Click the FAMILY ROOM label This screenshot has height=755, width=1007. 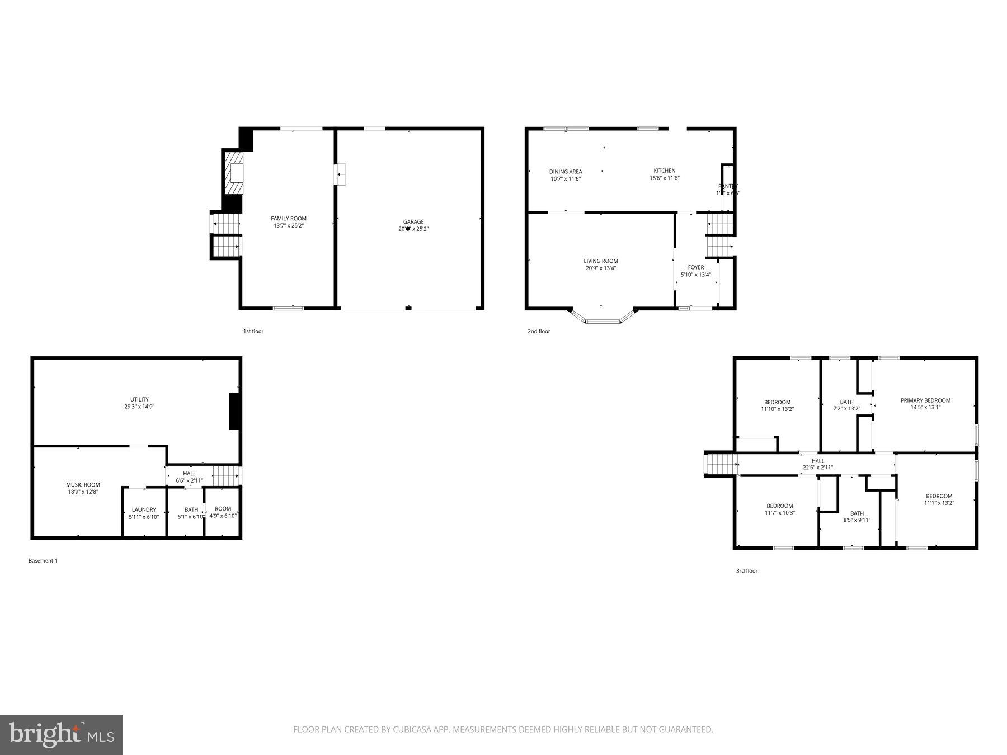click(289, 219)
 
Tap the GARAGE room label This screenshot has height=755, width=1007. click(413, 222)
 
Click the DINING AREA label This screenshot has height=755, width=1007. click(565, 172)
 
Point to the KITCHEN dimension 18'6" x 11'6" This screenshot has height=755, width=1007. click(664, 178)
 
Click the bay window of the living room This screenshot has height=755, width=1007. click(603, 320)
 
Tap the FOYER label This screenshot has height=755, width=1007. click(695, 267)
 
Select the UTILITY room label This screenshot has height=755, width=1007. click(139, 399)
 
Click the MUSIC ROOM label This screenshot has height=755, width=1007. click(83, 485)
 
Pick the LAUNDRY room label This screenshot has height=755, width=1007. click(144, 509)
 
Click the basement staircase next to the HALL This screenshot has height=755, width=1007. click(226, 475)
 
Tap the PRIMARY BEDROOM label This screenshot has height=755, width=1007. click(925, 400)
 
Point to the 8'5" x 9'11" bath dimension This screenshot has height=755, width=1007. click(857, 520)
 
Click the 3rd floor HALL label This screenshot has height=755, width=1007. click(818, 461)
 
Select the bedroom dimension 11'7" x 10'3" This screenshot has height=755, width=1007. click(779, 513)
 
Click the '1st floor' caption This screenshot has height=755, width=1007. click(253, 331)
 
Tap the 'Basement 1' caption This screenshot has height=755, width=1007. click(43, 560)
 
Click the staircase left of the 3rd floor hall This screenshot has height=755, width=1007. click(721, 464)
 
